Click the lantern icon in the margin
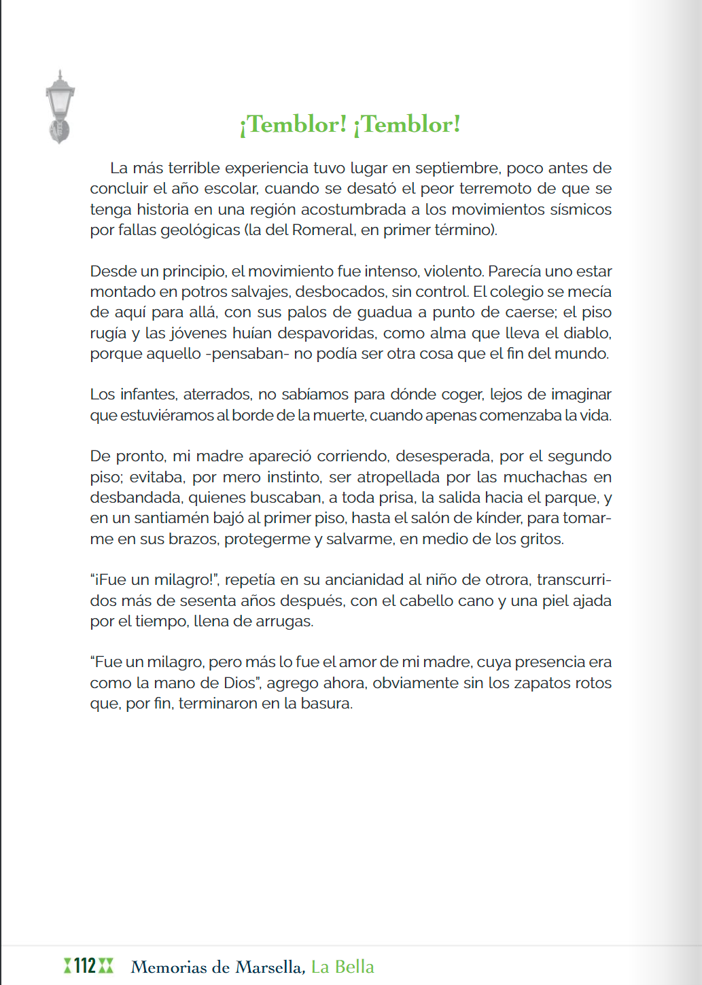coord(60,107)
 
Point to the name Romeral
coord(323,230)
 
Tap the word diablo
coord(587,333)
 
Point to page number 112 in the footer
coord(86,966)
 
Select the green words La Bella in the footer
coord(343,967)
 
